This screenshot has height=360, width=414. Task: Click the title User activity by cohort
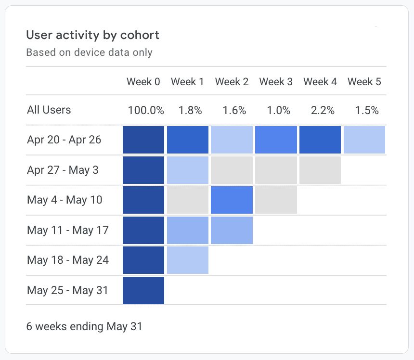92,35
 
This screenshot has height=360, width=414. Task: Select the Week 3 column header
276,82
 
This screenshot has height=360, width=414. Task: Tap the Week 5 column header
364,82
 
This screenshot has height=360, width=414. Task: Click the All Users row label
49,110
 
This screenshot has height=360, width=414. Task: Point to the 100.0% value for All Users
146,110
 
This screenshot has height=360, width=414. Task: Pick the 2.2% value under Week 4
323,110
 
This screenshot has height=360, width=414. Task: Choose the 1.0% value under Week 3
278,110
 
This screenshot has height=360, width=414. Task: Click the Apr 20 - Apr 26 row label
65,140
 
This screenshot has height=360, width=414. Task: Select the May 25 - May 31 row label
67,290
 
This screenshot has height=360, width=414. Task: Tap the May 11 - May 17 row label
68,230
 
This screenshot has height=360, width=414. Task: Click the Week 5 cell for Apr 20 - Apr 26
364,140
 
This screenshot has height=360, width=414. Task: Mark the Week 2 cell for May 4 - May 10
232,200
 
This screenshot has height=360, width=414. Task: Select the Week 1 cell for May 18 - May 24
188,260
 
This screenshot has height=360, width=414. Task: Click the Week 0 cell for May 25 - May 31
143,290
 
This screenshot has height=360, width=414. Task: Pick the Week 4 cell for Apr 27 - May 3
320,170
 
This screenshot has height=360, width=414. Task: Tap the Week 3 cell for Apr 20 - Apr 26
276,140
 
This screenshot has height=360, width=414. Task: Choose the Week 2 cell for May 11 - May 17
232,230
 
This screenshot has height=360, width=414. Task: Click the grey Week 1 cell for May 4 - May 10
188,200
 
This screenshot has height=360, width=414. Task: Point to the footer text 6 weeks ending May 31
84,326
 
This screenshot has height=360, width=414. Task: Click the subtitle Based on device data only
89,52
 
